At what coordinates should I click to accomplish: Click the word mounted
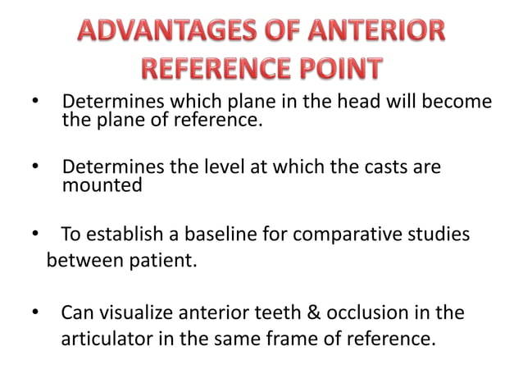102,185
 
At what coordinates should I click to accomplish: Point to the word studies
438,235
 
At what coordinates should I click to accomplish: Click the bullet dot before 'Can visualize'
34,314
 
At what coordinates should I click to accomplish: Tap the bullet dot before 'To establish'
34,235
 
